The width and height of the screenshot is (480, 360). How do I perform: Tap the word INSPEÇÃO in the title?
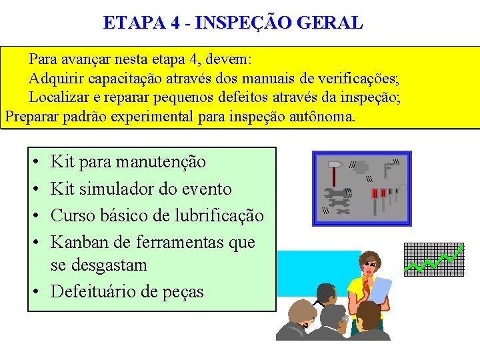[241, 23]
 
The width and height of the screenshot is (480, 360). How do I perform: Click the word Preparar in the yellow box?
[33, 116]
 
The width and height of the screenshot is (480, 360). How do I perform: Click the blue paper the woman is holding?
[381, 291]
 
